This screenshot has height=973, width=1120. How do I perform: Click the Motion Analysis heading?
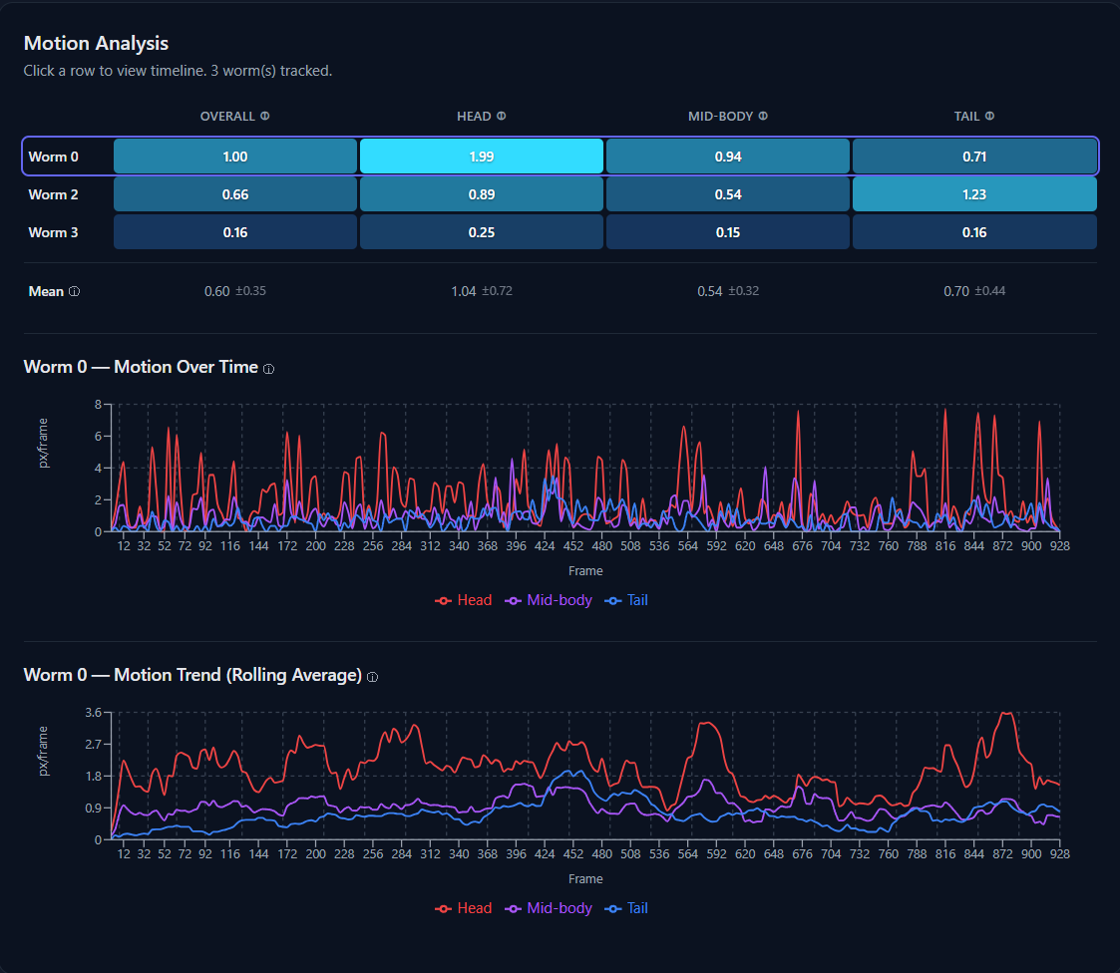(x=96, y=44)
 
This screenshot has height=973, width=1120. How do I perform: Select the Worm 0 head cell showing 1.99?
(x=481, y=157)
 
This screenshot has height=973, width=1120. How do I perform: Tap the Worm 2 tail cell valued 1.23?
(x=973, y=194)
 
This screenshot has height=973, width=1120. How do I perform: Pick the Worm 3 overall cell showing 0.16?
(x=234, y=232)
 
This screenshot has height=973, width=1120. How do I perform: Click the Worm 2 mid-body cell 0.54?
(x=727, y=194)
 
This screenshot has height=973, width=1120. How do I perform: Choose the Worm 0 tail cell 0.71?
(x=973, y=157)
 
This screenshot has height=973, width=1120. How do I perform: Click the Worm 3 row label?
(x=53, y=232)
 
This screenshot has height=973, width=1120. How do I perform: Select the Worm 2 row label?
(x=53, y=194)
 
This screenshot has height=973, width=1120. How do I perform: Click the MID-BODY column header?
(x=720, y=117)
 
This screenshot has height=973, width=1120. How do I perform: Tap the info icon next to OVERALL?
(x=265, y=117)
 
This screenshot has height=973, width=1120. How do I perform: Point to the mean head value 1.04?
(x=464, y=291)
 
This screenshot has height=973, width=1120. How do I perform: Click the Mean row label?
(x=46, y=291)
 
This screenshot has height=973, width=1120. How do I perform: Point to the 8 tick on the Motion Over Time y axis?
(x=98, y=405)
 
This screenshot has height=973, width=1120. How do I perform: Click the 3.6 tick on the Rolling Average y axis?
(x=94, y=713)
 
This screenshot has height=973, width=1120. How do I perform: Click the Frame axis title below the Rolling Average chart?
(x=585, y=879)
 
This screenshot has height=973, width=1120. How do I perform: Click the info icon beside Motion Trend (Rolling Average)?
(x=372, y=677)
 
